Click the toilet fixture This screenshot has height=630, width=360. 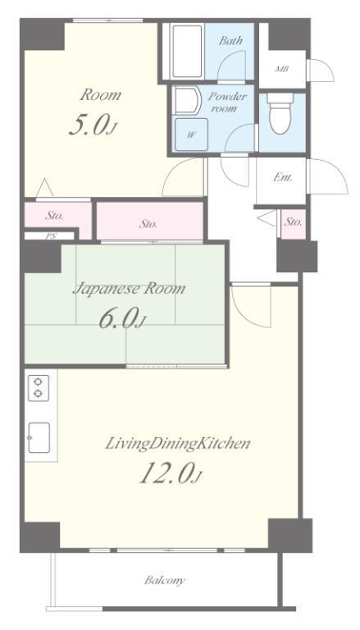pyautogui.click(x=280, y=113)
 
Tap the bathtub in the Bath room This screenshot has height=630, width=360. pyautogui.click(x=186, y=51)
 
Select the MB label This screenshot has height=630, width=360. pyautogui.click(x=282, y=69)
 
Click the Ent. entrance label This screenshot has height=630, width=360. pyautogui.click(x=283, y=177)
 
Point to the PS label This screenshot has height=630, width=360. pyautogui.click(x=51, y=236)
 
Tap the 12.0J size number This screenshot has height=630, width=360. pyautogui.click(x=170, y=472)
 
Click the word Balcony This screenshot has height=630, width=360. pyautogui.click(x=165, y=580)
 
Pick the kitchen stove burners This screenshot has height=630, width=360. pyautogui.click(x=39, y=388)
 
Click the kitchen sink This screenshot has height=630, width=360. pyautogui.click(x=39, y=437)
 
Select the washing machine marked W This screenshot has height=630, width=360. pyautogui.click(x=191, y=135)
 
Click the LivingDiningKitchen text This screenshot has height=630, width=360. pyautogui.click(x=178, y=444)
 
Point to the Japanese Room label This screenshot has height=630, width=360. pyautogui.click(x=129, y=289)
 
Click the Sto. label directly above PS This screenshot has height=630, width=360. pyautogui.click(x=54, y=215)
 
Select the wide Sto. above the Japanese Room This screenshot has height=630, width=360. pyautogui.click(x=148, y=224)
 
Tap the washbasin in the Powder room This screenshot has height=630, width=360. pyautogui.click(x=187, y=100)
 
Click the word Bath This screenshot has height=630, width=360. pyautogui.click(x=230, y=40)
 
